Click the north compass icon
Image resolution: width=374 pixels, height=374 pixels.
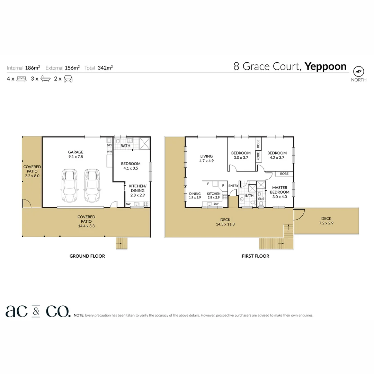click(359, 71)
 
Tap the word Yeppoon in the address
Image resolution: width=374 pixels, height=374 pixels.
click(325, 66)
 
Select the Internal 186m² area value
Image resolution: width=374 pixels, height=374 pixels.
click(32, 68)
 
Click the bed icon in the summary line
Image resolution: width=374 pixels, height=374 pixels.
click(21, 79)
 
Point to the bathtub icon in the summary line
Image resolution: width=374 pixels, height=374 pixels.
click(45, 79)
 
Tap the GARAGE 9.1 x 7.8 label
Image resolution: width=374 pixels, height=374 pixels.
click(75, 154)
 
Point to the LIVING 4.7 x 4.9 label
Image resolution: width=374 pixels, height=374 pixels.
click(206, 159)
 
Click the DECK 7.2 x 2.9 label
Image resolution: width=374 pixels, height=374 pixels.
click(326, 221)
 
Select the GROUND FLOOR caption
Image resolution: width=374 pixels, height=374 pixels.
click(87, 256)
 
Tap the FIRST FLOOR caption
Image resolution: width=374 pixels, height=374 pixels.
click(255, 256)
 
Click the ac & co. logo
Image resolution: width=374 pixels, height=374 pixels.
click(38, 311)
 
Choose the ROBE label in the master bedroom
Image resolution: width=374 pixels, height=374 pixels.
click(284, 174)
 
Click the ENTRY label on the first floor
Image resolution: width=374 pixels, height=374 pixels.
click(233, 186)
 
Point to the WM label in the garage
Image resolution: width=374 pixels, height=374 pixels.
click(109, 152)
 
